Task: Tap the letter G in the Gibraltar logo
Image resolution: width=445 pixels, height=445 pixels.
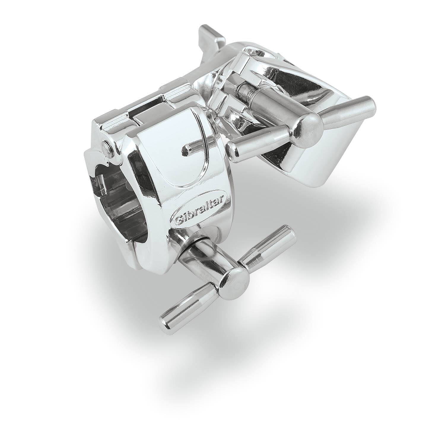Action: tap(179, 220)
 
